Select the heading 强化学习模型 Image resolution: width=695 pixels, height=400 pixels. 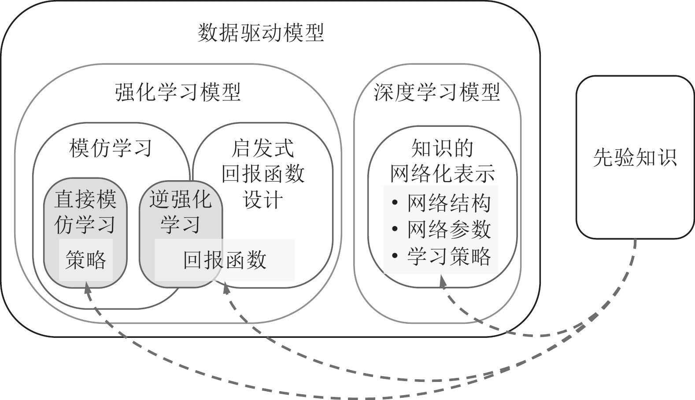pyautogui.click(x=178, y=93)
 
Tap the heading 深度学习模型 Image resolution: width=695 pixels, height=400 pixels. pyautogui.click(x=437, y=93)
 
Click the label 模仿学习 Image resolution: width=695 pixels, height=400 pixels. pyautogui.click(x=111, y=148)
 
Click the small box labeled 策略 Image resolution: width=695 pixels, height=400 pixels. pyautogui.click(x=86, y=260)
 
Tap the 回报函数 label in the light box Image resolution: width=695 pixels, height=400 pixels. pyautogui.click(x=225, y=260)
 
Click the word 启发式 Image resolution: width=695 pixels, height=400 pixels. pyautogui.click(x=263, y=148)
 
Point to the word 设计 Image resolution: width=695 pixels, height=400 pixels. pyautogui.click(x=263, y=200)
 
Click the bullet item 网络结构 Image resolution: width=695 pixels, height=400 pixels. pyautogui.click(x=448, y=203)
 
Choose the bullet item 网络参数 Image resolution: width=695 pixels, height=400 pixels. pyautogui.click(x=448, y=229)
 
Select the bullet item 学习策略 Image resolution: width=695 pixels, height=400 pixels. pyautogui.click(x=448, y=256)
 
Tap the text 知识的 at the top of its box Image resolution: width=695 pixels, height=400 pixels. pyautogui.click(x=442, y=148)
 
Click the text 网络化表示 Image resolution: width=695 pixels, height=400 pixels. pyautogui.click(x=442, y=174)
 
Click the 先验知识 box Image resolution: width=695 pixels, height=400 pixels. pyautogui.click(x=635, y=157)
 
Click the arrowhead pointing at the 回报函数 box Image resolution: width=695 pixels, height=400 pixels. pyautogui.click(x=226, y=287)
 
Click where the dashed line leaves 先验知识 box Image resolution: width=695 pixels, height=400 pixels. pyautogui.click(x=635, y=240)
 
